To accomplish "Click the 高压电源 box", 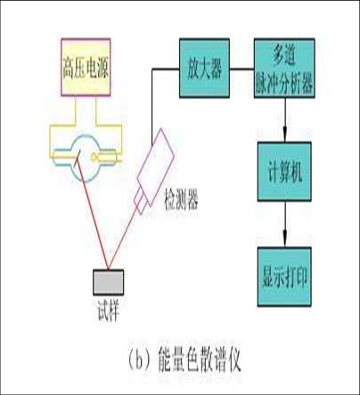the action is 86,67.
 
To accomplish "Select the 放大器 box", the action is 204,68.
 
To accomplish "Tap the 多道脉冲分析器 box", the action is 284,68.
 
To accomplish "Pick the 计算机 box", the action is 284,171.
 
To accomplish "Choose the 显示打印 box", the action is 284,276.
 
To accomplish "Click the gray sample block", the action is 109,283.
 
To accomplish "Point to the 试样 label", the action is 109,311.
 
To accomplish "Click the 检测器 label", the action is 181,200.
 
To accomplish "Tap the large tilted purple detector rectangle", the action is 156,168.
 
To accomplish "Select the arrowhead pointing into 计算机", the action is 284,135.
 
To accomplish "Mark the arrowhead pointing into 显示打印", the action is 284,240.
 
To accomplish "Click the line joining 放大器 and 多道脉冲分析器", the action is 241,70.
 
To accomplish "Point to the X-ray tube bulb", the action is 86,158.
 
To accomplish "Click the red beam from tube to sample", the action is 93,214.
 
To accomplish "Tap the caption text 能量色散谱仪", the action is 200,360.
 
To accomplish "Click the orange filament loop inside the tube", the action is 95,156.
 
